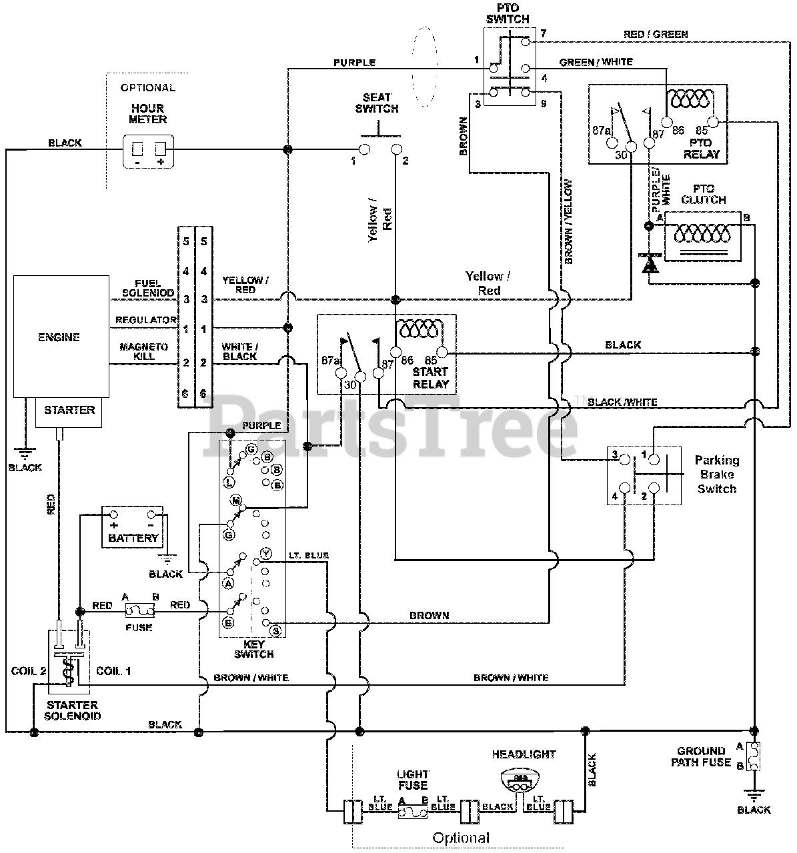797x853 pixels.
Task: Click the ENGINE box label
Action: [59, 338]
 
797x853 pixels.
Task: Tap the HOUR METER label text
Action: [147, 114]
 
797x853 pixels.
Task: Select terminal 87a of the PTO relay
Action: [612, 142]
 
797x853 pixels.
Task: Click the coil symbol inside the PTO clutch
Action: [702, 234]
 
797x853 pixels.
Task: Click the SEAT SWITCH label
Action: [377, 103]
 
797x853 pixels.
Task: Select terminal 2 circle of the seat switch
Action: [396, 149]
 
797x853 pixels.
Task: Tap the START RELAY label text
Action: [430, 378]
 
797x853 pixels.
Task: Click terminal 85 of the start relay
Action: [442, 353]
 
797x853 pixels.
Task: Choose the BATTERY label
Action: [133, 538]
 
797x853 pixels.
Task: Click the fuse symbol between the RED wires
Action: [139, 610]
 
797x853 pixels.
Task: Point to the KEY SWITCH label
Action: [253, 649]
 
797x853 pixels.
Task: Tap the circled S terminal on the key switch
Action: [275, 630]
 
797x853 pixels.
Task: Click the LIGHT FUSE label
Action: [412, 780]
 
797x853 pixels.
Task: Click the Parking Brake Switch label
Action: [716, 474]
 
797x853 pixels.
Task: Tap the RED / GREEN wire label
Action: [656, 35]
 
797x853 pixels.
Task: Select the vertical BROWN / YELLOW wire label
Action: [568, 222]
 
